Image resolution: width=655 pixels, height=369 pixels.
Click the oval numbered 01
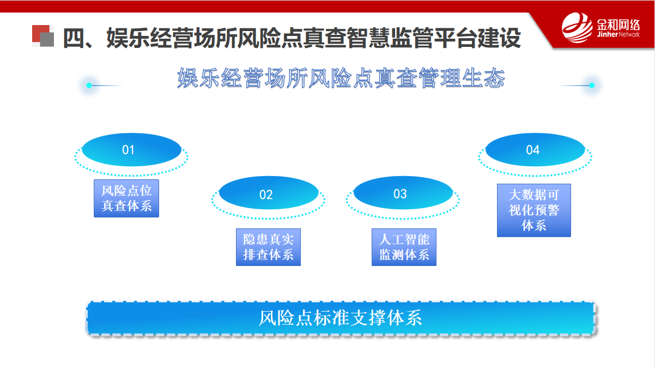pos(131,150)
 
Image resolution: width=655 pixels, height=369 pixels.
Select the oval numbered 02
pos(269,193)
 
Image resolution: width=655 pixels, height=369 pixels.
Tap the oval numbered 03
pos(403,193)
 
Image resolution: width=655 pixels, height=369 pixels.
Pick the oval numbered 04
pos(535,150)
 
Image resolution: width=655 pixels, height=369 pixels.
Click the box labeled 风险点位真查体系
pos(126,198)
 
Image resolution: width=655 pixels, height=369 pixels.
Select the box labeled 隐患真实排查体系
pos(269,247)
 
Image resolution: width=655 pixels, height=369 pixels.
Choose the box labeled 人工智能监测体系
pos(404,247)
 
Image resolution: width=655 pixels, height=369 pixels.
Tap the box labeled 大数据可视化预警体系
pos(534,210)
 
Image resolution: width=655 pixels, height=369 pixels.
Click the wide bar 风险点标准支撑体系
pos(341,318)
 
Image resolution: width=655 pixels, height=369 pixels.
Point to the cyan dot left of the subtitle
pos(89,86)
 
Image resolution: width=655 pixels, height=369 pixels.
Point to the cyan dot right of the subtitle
pos(592,86)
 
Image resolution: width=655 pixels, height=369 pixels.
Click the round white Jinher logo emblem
pos(577,27)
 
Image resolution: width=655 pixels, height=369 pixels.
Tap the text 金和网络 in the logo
pos(618,25)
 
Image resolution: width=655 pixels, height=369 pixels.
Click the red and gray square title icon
pos(43,35)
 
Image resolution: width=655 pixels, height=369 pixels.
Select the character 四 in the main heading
pos(74,38)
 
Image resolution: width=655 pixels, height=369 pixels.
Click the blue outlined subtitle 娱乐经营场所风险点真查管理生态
pos(341,78)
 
